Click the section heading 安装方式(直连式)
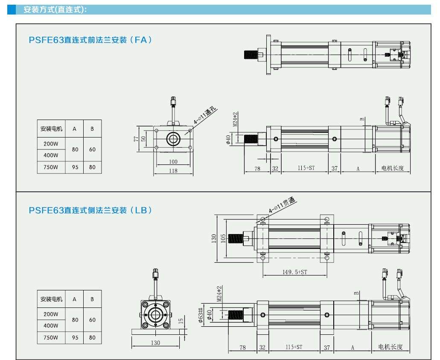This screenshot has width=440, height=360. tap(55, 9)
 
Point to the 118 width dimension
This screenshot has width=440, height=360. tap(173, 171)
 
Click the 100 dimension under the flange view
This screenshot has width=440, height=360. tap(173, 162)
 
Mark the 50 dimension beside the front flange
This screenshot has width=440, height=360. tap(144, 138)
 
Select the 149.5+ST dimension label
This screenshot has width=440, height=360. tap(294, 272)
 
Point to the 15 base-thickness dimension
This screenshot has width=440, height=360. tap(181, 320)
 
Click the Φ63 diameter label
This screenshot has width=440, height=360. tap(200, 316)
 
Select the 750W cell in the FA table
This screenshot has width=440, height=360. tap(51, 167)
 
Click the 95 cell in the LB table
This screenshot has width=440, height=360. tap(75, 337)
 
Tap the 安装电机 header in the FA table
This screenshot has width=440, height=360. tap(51, 129)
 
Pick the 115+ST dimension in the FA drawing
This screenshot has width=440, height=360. tap(306, 168)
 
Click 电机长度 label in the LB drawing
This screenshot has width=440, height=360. tap(390, 347)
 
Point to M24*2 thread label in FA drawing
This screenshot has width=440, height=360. tap(235, 120)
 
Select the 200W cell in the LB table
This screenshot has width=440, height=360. tap(51, 314)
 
